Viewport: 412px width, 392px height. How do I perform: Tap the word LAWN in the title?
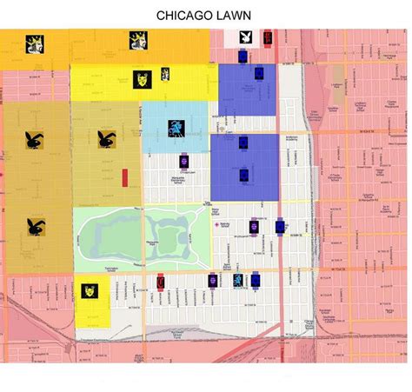(236, 15)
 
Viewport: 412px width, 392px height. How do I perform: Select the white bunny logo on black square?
(249, 38)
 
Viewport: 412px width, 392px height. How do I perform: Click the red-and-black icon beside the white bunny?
(267, 38)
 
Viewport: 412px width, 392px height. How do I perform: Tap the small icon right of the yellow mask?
(164, 75)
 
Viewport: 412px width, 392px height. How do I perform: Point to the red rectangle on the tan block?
(126, 176)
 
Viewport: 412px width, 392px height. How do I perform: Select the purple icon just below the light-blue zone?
(185, 161)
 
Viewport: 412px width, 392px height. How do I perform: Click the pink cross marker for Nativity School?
(217, 225)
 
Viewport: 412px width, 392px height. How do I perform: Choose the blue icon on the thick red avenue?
(279, 227)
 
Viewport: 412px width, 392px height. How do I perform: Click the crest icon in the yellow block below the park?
(90, 291)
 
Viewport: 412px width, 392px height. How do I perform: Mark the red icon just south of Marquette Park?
(161, 280)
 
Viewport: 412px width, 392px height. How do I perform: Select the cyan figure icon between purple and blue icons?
(237, 280)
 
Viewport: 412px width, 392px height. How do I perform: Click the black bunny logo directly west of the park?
(37, 227)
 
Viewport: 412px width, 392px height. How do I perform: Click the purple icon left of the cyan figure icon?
(213, 280)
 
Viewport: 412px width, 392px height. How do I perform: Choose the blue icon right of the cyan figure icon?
(256, 280)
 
